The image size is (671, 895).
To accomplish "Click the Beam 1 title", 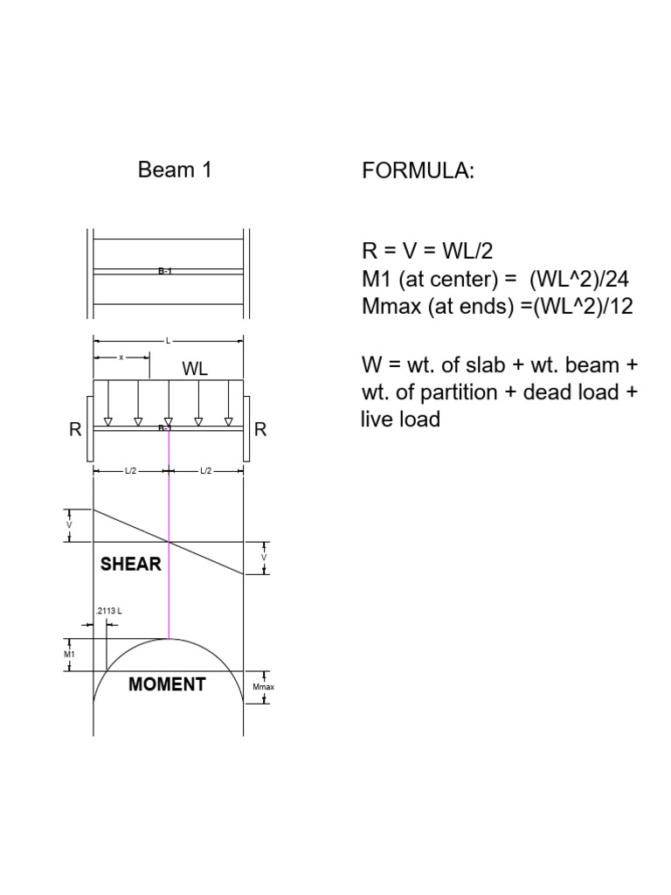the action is [175, 170].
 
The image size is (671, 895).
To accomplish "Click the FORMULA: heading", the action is [419, 170].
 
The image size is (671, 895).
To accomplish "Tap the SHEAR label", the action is [131, 564].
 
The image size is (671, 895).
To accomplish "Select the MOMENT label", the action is [167, 683].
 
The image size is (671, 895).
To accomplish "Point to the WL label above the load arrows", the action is [195, 369].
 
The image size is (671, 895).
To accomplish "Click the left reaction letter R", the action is [75, 429].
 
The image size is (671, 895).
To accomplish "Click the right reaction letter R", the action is [260, 429].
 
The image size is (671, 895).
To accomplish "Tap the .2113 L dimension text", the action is [109, 611].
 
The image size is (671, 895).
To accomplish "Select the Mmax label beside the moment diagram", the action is [263, 687].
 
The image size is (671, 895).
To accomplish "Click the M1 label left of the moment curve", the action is [69, 654].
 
